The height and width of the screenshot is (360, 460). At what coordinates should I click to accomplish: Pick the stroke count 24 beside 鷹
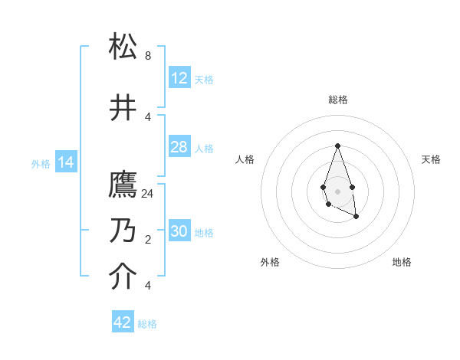[148, 194]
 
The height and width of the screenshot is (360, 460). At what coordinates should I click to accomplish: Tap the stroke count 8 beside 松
[148, 56]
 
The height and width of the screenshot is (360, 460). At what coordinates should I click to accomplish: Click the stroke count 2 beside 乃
[148, 240]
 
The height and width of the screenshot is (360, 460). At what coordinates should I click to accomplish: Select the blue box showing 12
[179, 78]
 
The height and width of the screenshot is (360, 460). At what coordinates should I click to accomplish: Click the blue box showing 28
[179, 147]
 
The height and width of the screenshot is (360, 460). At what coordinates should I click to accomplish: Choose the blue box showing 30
[179, 231]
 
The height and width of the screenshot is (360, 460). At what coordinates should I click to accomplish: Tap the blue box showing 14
[66, 162]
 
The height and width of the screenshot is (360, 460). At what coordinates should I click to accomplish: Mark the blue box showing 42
[123, 322]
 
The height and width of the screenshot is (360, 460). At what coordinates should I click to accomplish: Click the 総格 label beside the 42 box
[147, 324]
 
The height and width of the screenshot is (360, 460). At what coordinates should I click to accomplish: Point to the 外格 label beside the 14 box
[41, 163]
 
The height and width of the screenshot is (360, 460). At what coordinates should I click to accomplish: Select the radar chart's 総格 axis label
[338, 100]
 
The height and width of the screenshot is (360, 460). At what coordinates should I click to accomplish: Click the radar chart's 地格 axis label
[402, 262]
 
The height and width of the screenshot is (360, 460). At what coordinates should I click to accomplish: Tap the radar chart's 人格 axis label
[245, 159]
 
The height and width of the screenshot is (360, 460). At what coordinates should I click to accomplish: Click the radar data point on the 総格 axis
[337, 146]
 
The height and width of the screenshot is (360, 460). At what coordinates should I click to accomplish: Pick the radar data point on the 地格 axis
[356, 217]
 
